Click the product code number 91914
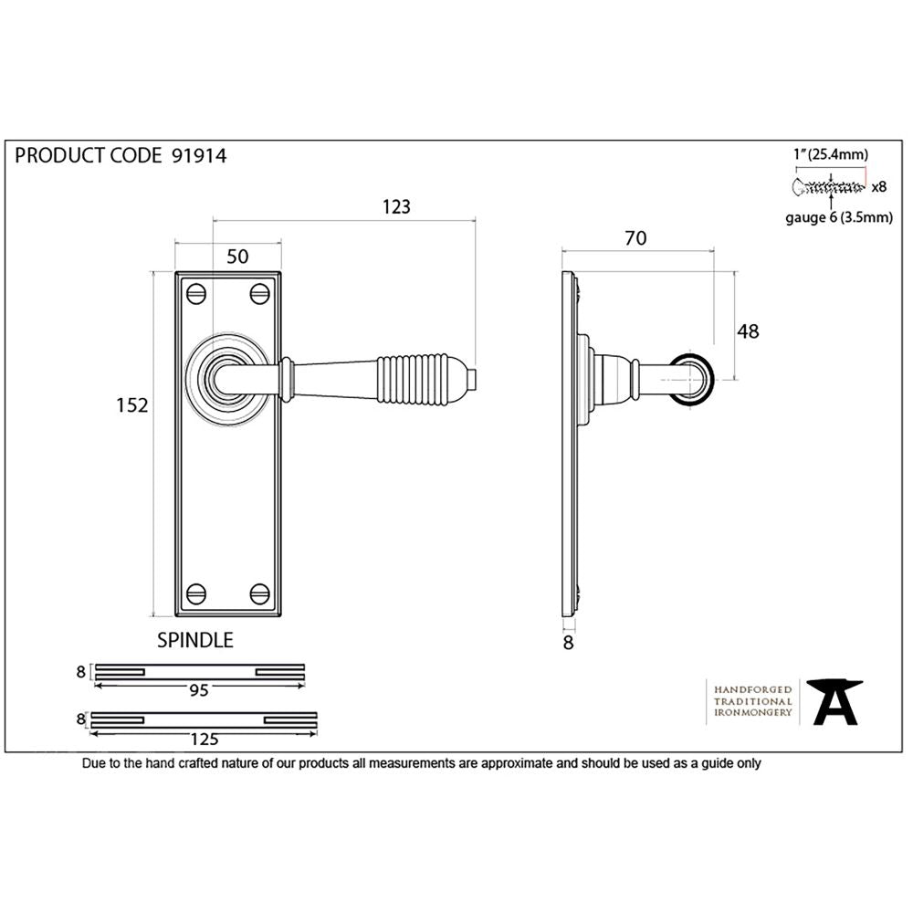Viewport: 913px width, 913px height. tap(198, 155)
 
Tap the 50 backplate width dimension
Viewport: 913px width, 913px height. tap(237, 257)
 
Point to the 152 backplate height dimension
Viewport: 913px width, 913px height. tap(132, 404)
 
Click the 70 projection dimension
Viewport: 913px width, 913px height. tap(635, 238)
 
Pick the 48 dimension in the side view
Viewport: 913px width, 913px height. tap(748, 331)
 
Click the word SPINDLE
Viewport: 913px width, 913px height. tap(196, 640)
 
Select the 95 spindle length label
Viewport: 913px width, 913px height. tap(199, 690)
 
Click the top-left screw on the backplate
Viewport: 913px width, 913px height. tap(195, 294)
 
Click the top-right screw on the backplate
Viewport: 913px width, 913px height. tap(260, 294)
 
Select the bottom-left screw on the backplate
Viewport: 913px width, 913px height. tap(195, 593)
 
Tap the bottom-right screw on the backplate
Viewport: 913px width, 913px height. tap(260, 593)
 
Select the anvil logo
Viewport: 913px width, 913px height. tap(835, 701)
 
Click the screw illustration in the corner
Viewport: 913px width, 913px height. tap(830, 187)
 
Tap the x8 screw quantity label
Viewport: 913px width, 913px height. tap(879, 187)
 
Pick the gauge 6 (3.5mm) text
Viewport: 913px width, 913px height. tap(838, 217)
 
